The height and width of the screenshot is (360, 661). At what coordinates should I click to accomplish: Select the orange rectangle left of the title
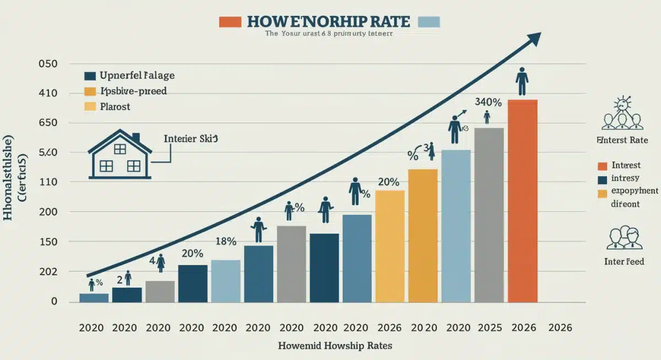pyautogui.click(x=230, y=21)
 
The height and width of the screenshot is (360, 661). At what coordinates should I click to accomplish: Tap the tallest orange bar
pyautogui.click(x=522, y=201)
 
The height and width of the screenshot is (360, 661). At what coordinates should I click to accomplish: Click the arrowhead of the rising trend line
pyautogui.click(x=533, y=39)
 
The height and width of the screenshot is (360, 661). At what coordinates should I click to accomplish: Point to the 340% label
pyautogui.click(x=488, y=102)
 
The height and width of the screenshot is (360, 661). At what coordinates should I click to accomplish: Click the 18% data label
pyautogui.click(x=225, y=241)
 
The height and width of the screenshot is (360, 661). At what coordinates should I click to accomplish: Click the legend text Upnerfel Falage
pyautogui.click(x=137, y=75)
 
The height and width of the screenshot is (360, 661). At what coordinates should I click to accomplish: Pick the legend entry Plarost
pyautogui.click(x=115, y=106)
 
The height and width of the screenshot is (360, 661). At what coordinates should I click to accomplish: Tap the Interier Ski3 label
pyautogui.click(x=191, y=139)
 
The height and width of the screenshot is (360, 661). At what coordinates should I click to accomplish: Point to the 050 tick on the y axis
pyautogui.click(x=48, y=64)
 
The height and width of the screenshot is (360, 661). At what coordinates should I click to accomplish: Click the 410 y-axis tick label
pyautogui.click(x=48, y=94)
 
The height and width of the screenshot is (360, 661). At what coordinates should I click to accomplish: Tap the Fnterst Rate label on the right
pyautogui.click(x=622, y=140)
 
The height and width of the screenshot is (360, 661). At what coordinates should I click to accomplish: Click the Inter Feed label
pyautogui.click(x=624, y=261)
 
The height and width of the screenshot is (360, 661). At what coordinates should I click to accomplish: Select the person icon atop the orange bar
pyautogui.click(x=522, y=82)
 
